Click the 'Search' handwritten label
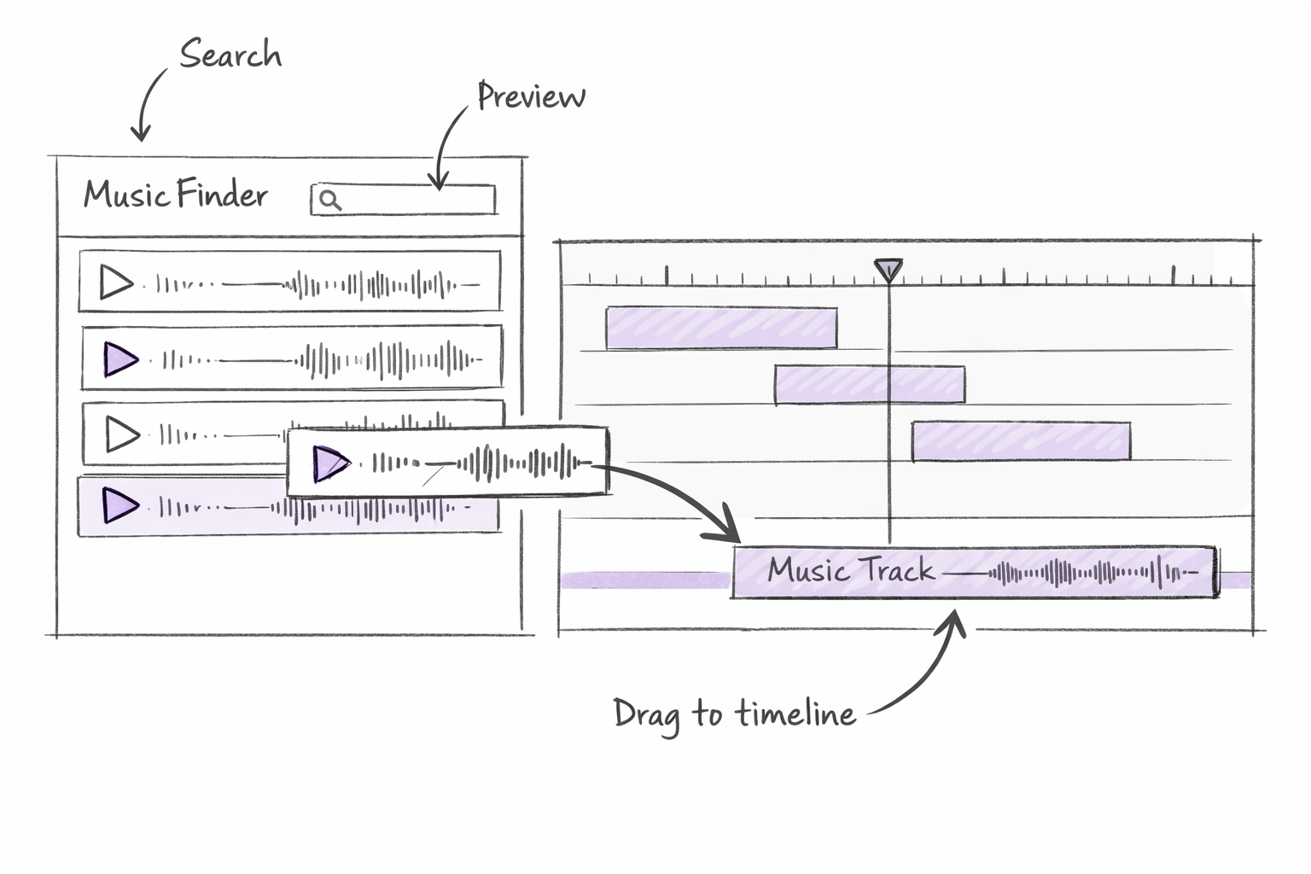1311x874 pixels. click(230, 55)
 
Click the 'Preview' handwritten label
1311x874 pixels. click(531, 96)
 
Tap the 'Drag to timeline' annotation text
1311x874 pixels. click(734, 714)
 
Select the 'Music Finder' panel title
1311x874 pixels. click(176, 195)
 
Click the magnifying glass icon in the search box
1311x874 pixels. click(330, 201)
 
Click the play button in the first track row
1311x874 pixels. click(116, 283)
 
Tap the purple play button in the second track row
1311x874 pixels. click(120, 359)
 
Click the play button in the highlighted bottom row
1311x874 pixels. click(120, 505)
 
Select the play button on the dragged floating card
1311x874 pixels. click(330, 463)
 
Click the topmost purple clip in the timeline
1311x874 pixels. click(721, 329)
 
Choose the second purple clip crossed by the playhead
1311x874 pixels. click(869, 385)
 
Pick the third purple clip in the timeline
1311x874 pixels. click(1021, 441)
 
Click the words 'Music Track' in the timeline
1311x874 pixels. click(850, 570)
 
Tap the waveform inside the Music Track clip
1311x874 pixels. click(1092, 573)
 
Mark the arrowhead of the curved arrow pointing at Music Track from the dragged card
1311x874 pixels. click(725, 529)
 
